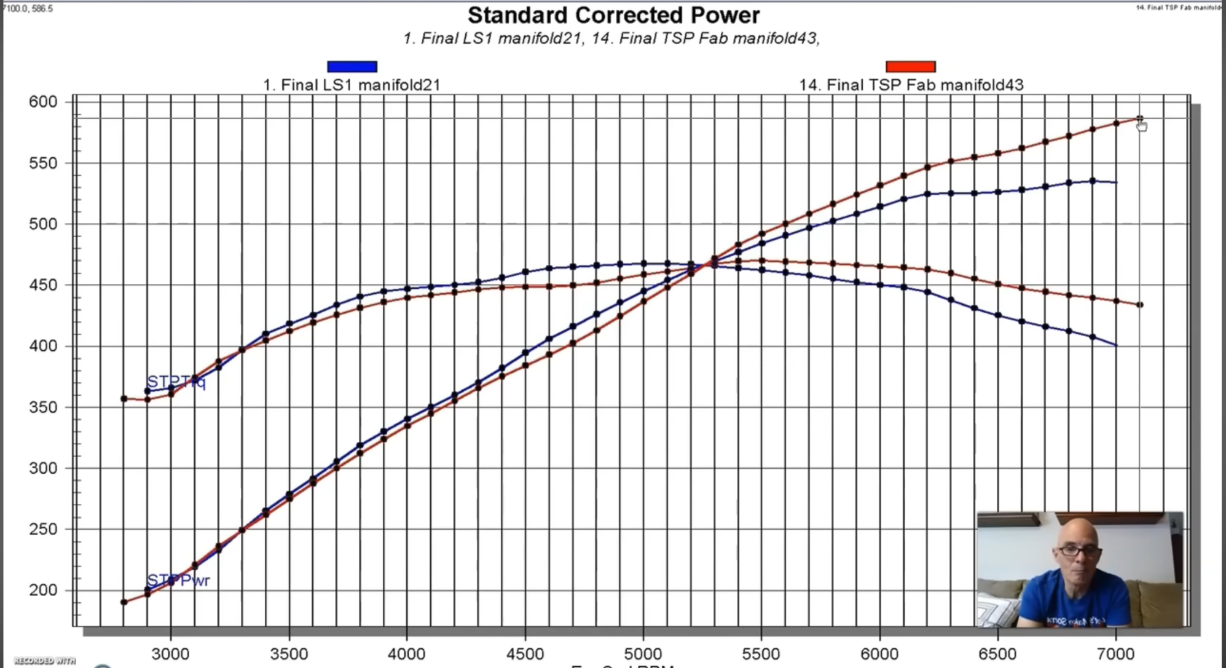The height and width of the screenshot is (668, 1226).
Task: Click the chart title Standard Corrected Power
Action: [x=613, y=15]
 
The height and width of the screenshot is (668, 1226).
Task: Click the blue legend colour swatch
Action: [x=352, y=66]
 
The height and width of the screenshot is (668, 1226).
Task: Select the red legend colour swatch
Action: [x=910, y=66]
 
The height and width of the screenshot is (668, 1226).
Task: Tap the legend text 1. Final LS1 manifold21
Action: [x=352, y=85]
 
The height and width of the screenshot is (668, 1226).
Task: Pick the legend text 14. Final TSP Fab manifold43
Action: [x=911, y=85]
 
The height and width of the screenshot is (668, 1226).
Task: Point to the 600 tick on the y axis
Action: [x=42, y=101]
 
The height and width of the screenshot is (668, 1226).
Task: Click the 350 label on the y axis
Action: [x=42, y=407]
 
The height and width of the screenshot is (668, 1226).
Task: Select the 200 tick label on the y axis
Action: [x=42, y=590]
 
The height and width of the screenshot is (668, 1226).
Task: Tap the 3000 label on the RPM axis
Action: [x=170, y=654]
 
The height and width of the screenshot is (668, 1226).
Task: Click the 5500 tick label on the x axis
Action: [x=761, y=654]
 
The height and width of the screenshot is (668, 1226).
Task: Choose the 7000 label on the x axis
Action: [x=1115, y=654]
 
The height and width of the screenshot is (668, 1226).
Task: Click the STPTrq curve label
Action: [x=176, y=382]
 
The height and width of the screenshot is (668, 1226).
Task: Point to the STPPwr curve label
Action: [x=178, y=580]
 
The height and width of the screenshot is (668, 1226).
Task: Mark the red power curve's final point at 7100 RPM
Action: [x=1139, y=119]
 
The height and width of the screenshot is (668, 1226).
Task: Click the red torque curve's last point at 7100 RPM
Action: [x=1140, y=305]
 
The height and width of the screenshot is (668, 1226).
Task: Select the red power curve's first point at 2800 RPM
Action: [x=124, y=602]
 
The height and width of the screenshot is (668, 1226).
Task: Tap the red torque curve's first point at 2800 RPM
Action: [x=124, y=399]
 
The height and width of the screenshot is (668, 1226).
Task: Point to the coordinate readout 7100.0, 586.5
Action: [x=28, y=8]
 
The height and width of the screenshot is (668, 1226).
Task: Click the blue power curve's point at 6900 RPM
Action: [x=1093, y=181]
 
